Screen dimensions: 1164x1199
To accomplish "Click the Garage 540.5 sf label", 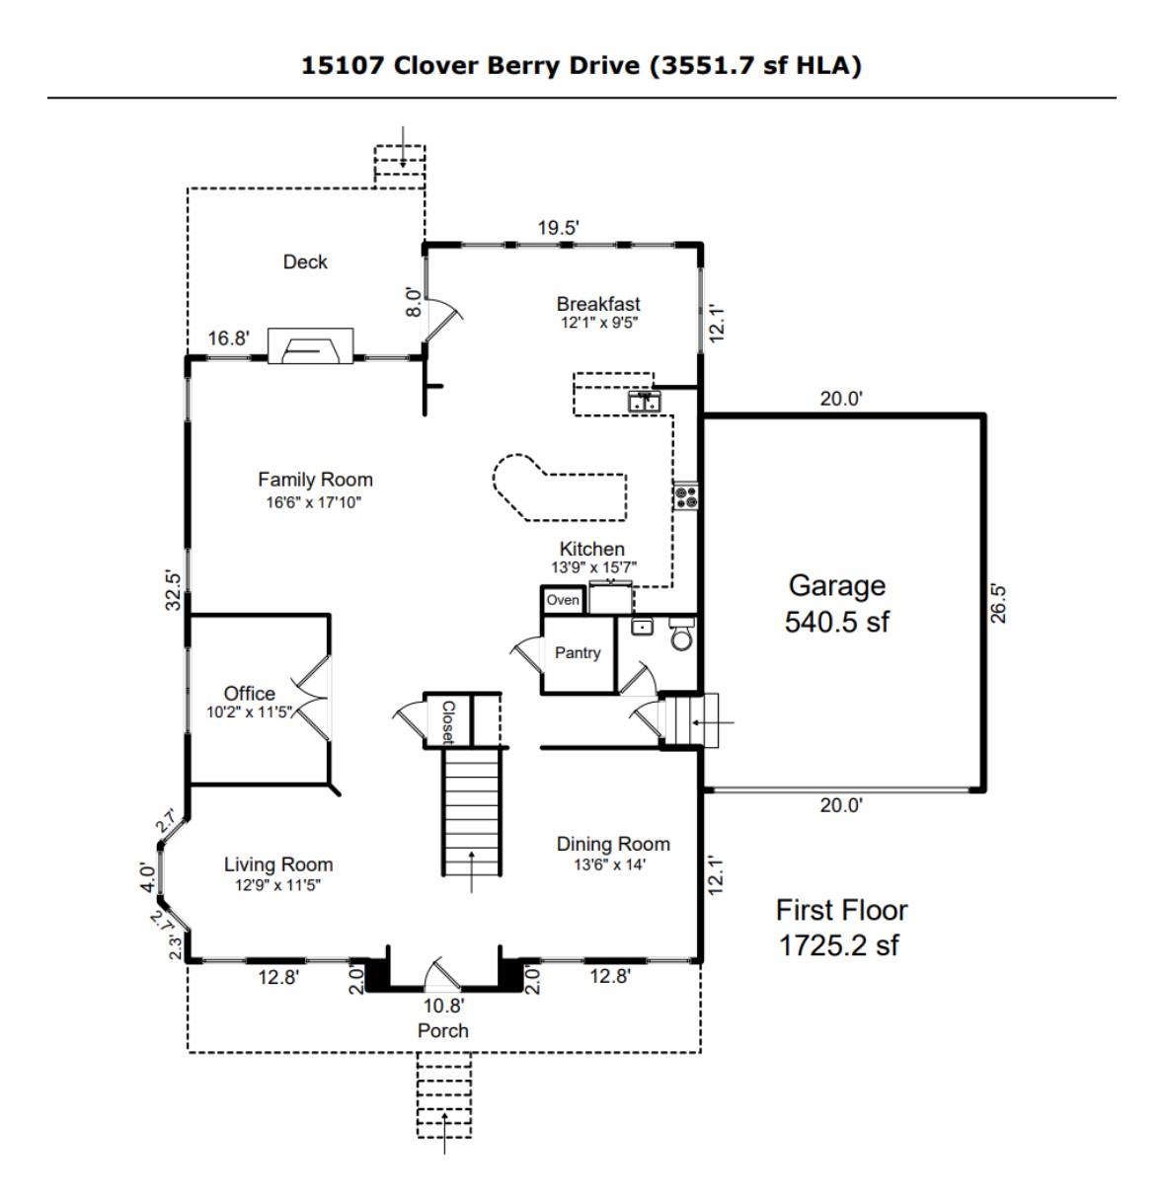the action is click(836, 603).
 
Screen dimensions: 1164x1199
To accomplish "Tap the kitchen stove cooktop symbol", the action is click(685, 497).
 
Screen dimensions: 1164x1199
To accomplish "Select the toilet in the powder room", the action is click(682, 634).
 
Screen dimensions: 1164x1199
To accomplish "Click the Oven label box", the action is click(563, 600).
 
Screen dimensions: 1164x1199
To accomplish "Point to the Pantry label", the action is click(578, 652).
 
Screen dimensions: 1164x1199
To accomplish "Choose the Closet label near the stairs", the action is click(448, 721).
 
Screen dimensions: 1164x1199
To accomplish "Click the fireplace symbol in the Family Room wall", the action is click(310, 346).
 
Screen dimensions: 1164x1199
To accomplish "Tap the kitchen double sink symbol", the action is click(645, 401).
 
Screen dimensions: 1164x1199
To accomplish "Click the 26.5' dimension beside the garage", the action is click(997, 604).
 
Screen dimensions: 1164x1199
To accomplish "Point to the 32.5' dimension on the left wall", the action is click(174, 591).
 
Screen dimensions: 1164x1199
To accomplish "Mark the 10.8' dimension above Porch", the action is click(443, 1006).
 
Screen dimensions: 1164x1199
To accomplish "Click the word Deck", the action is click(305, 262).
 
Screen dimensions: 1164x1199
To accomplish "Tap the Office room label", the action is click(249, 693).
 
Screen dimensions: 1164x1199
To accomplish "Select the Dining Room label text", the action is click(613, 844).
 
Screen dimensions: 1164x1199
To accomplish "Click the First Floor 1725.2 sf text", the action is click(841, 928).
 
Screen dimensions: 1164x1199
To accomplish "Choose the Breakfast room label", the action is click(598, 304).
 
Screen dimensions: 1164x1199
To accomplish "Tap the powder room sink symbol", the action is click(642, 627).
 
